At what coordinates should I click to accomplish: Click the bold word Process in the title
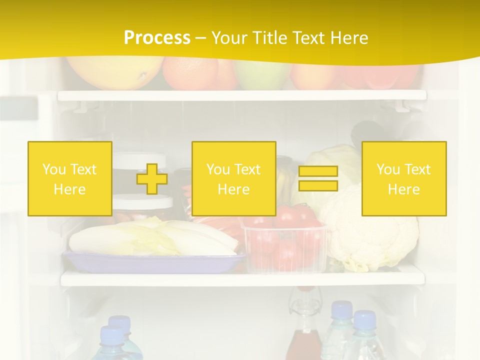157,38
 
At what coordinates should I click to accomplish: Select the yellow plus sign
152,179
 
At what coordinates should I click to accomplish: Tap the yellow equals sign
318,178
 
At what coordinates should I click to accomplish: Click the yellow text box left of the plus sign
70,179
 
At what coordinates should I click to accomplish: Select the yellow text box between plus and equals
234,179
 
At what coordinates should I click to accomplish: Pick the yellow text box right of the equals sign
404,179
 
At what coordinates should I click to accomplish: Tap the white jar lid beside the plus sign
142,202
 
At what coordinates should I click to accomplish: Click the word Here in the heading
350,38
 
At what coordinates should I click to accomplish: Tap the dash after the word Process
201,38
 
